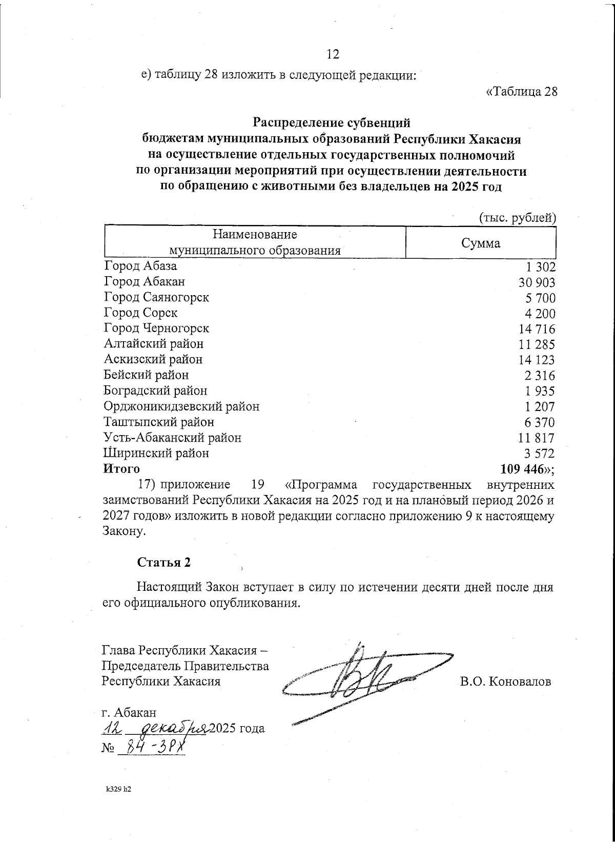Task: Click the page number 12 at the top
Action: click(333, 54)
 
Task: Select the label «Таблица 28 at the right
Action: click(521, 92)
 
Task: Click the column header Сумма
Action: click(480, 243)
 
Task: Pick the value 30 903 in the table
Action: click(537, 282)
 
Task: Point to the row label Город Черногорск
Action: click(156, 328)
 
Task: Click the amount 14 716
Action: click(537, 329)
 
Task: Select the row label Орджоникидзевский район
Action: click(181, 406)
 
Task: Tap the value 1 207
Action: click(540, 408)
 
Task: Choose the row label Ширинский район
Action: click(156, 453)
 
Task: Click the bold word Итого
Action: click(121, 468)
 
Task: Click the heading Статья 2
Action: click(163, 562)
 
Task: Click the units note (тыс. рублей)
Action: click(517, 218)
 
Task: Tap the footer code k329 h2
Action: click(118, 804)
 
